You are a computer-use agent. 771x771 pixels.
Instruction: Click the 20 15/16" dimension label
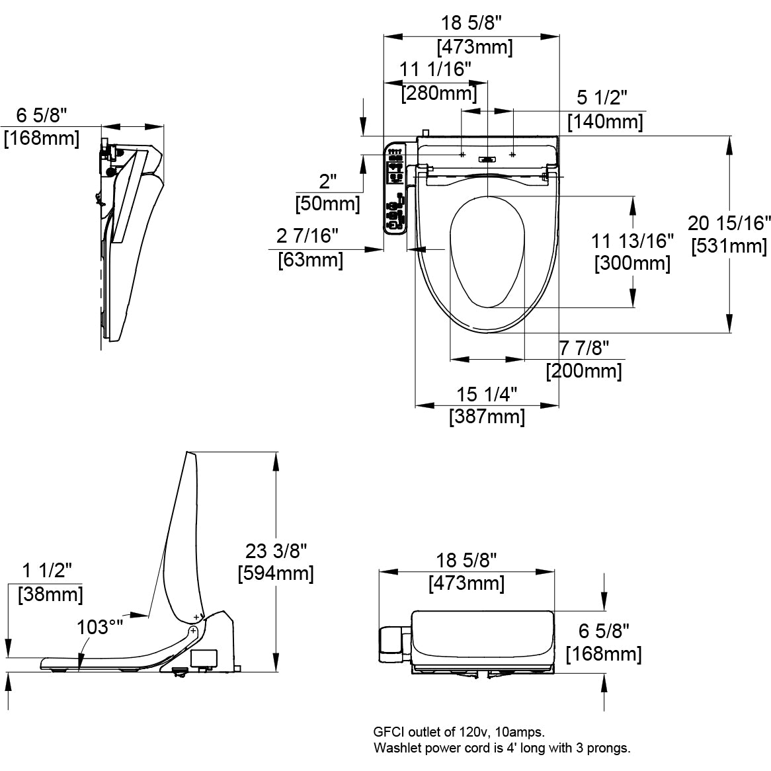[729, 223]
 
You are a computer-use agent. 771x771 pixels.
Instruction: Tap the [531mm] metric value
[729, 247]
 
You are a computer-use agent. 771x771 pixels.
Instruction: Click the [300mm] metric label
[632, 264]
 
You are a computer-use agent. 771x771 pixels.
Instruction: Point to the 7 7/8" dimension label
[584, 347]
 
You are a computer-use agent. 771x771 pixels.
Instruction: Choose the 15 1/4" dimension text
[487, 394]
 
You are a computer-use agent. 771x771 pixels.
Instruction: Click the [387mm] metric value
[487, 417]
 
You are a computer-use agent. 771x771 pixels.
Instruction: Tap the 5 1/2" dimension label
[602, 98]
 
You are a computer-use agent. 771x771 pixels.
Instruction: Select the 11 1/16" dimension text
[435, 69]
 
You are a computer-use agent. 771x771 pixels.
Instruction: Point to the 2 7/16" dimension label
[307, 235]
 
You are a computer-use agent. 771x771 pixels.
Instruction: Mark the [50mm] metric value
[328, 203]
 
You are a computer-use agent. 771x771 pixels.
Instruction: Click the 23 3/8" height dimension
[276, 549]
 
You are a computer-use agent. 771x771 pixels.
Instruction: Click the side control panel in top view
[395, 188]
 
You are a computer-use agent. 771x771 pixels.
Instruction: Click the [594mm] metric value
[276, 573]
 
